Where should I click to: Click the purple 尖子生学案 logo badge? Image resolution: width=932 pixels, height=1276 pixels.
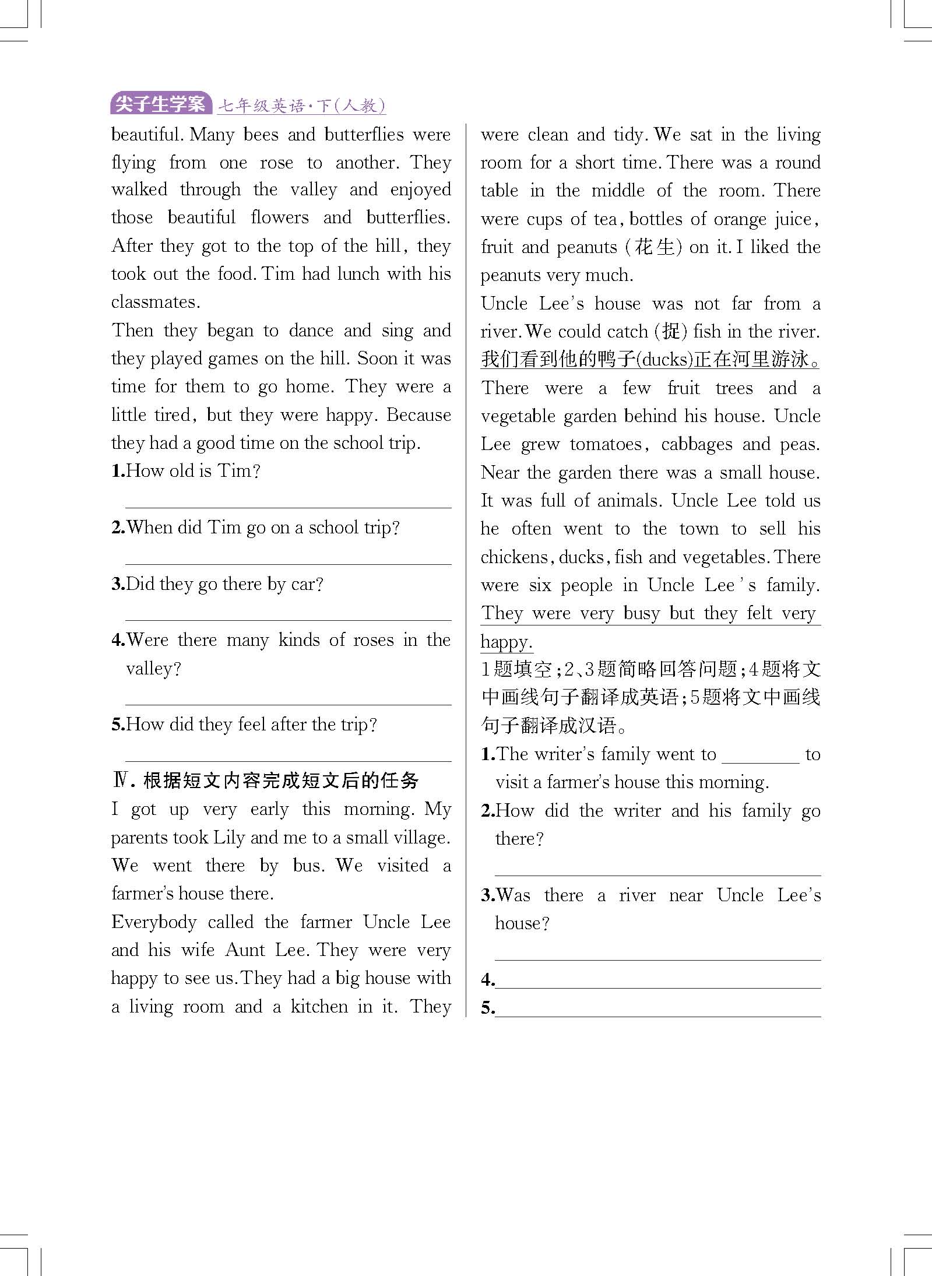click(x=160, y=104)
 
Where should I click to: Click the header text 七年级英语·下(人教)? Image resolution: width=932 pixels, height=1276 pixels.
click(x=301, y=106)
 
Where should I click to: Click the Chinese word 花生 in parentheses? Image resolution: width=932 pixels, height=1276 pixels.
click(x=654, y=247)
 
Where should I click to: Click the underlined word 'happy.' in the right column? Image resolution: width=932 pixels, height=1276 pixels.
click(x=506, y=642)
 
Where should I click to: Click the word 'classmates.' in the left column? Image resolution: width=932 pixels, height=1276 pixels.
click(x=156, y=302)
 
